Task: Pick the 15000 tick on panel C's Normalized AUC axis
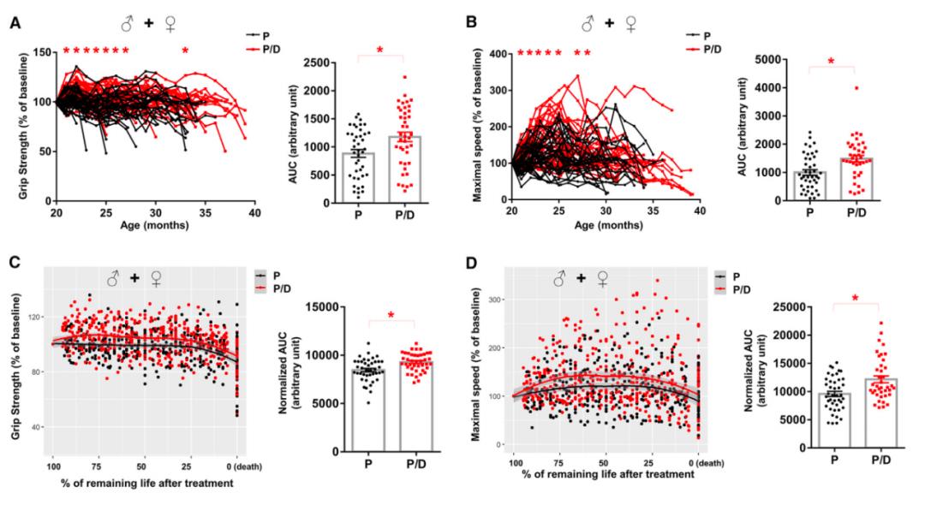point(315,307)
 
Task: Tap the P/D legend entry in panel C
point(265,289)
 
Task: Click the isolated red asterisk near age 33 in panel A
point(184,51)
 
